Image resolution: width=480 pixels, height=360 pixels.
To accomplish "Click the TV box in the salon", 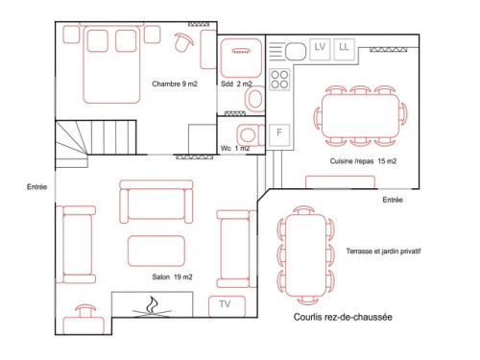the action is tap(227, 306).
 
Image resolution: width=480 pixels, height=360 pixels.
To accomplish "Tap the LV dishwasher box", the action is tap(320, 49).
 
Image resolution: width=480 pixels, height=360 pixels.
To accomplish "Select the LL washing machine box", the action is tap(344, 49).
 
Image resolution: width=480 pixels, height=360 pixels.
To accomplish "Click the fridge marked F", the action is tap(279, 134).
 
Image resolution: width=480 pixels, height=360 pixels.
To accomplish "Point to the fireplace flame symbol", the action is tap(152, 306).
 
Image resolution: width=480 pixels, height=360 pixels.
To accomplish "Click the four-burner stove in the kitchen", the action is tap(279, 80).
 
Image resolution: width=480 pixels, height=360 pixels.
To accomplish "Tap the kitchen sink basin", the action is tap(296, 51).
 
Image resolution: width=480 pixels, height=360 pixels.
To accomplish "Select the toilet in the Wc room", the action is tap(251, 134).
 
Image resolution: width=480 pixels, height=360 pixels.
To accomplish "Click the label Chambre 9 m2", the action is tap(175, 84).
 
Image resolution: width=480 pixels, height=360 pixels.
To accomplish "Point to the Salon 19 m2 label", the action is tap(172, 276).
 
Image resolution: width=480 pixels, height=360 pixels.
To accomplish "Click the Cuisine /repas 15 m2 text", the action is tap(363, 161).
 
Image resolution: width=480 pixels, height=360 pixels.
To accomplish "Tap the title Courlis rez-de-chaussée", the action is tap(343, 317).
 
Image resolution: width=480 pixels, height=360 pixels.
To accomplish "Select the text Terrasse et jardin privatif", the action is tap(383, 252).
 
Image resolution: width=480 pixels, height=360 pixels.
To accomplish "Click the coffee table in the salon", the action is tap(156, 252).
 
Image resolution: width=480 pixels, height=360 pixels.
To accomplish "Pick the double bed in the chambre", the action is tap(111, 64).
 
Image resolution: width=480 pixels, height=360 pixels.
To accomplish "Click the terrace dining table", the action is tap(305, 255).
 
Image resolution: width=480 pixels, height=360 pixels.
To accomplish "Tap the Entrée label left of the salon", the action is tap(36, 187).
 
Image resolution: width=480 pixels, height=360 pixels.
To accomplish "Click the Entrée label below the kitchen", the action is tap(393, 200).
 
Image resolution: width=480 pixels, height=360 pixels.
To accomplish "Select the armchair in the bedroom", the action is tap(183, 41).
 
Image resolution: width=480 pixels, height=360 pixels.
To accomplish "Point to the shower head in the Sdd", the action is tap(241, 51).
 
